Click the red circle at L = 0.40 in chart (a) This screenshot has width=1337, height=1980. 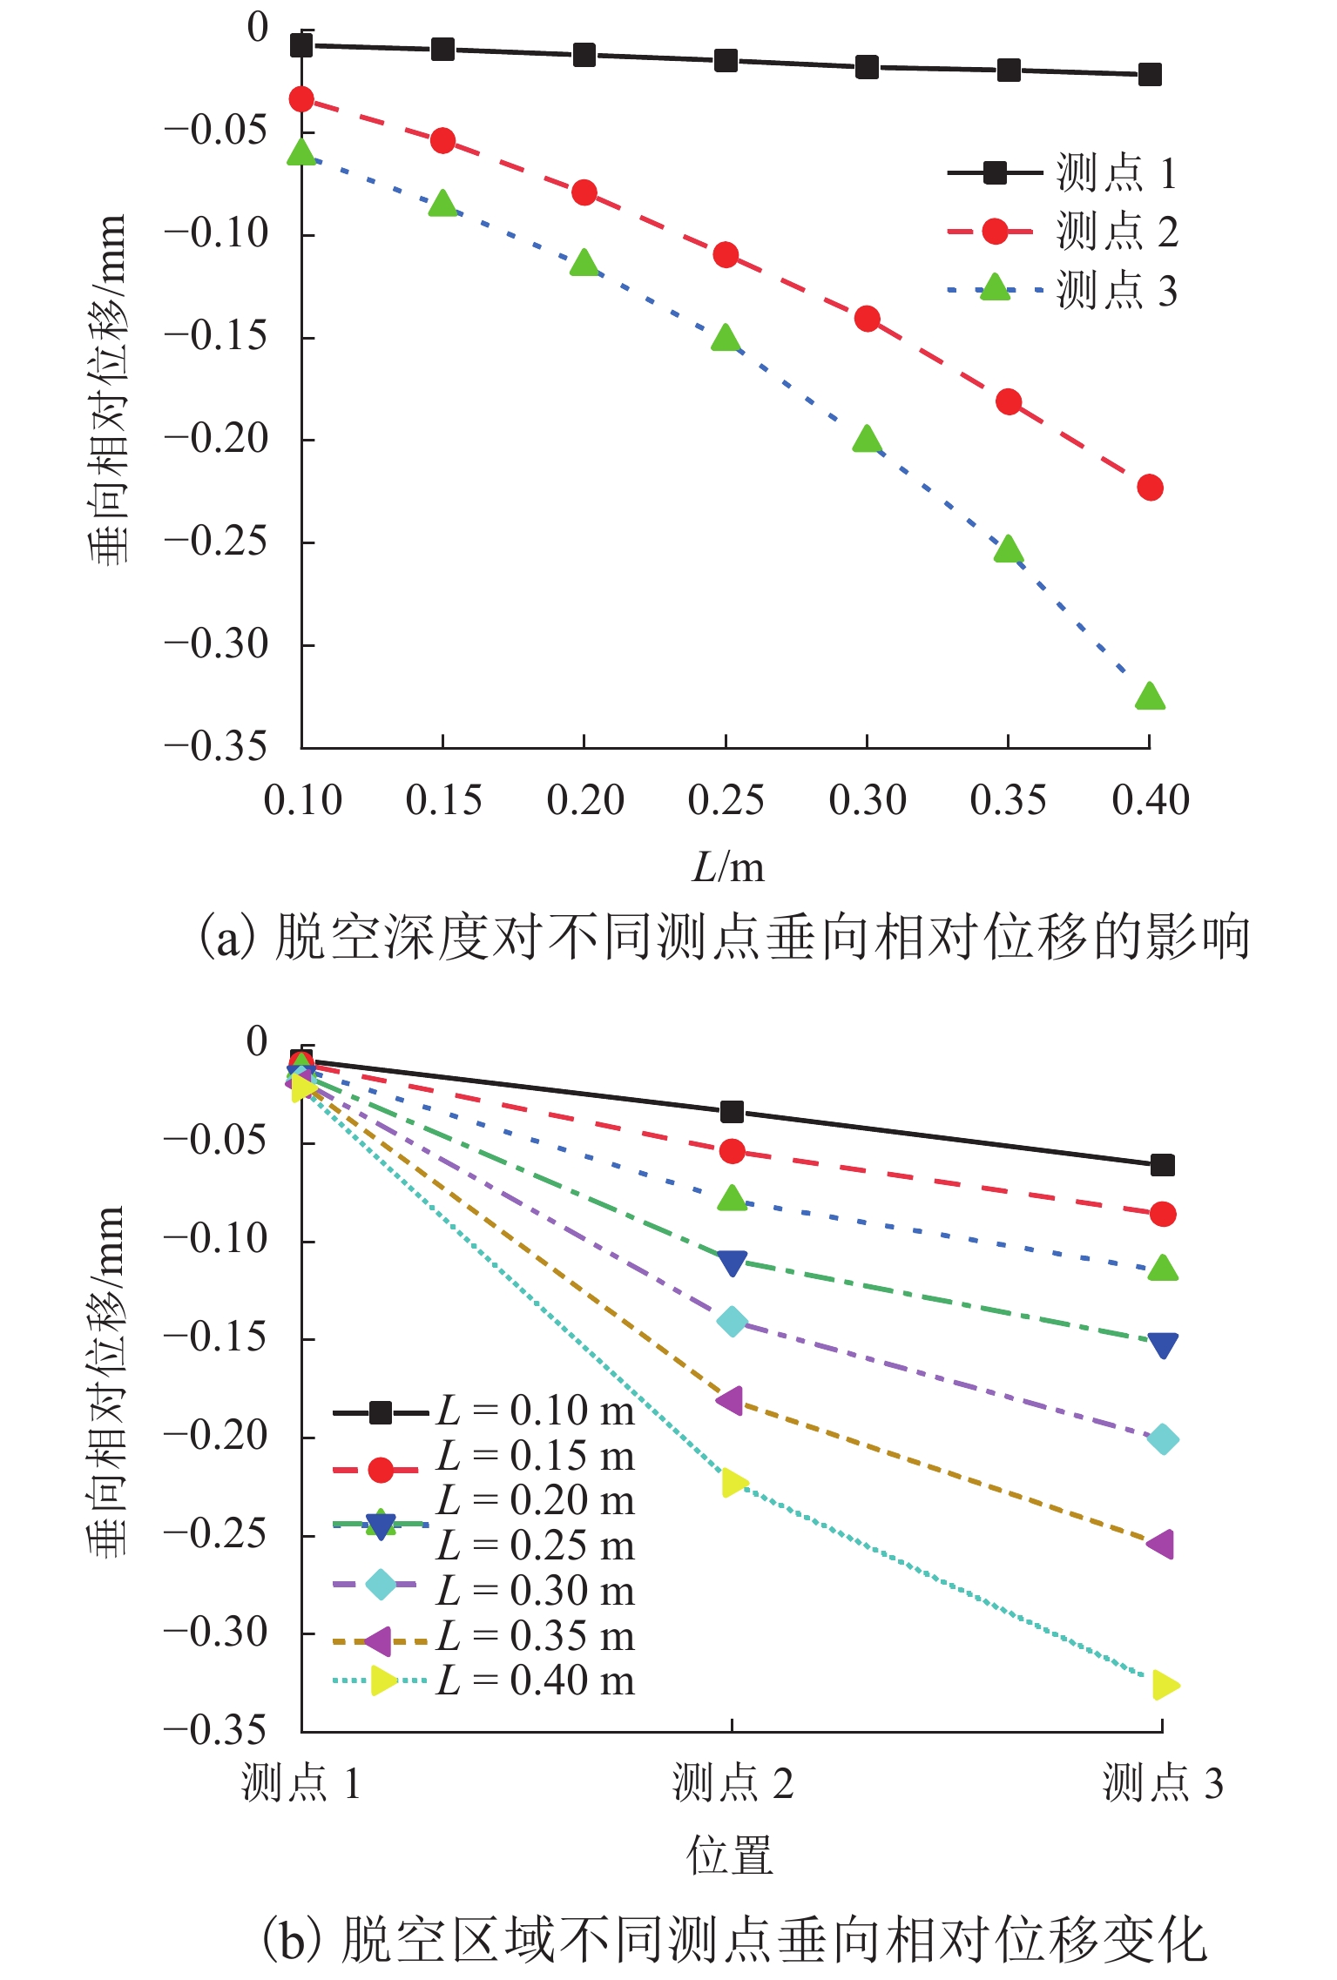point(1150,488)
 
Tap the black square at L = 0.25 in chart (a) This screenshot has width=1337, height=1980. point(726,60)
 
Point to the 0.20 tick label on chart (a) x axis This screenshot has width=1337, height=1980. point(585,800)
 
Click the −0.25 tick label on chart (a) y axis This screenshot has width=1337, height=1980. point(216,542)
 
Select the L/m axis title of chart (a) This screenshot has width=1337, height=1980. point(728,867)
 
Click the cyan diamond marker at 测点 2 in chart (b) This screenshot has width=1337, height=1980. point(732,1321)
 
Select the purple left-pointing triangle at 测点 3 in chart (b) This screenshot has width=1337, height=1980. point(1161,1544)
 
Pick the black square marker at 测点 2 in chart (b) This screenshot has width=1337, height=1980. point(732,1112)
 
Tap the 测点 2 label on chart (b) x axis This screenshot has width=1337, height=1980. point(733,1782)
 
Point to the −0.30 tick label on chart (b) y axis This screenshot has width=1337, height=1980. point(216,1633)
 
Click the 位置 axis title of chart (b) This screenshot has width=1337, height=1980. point(730,1855)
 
